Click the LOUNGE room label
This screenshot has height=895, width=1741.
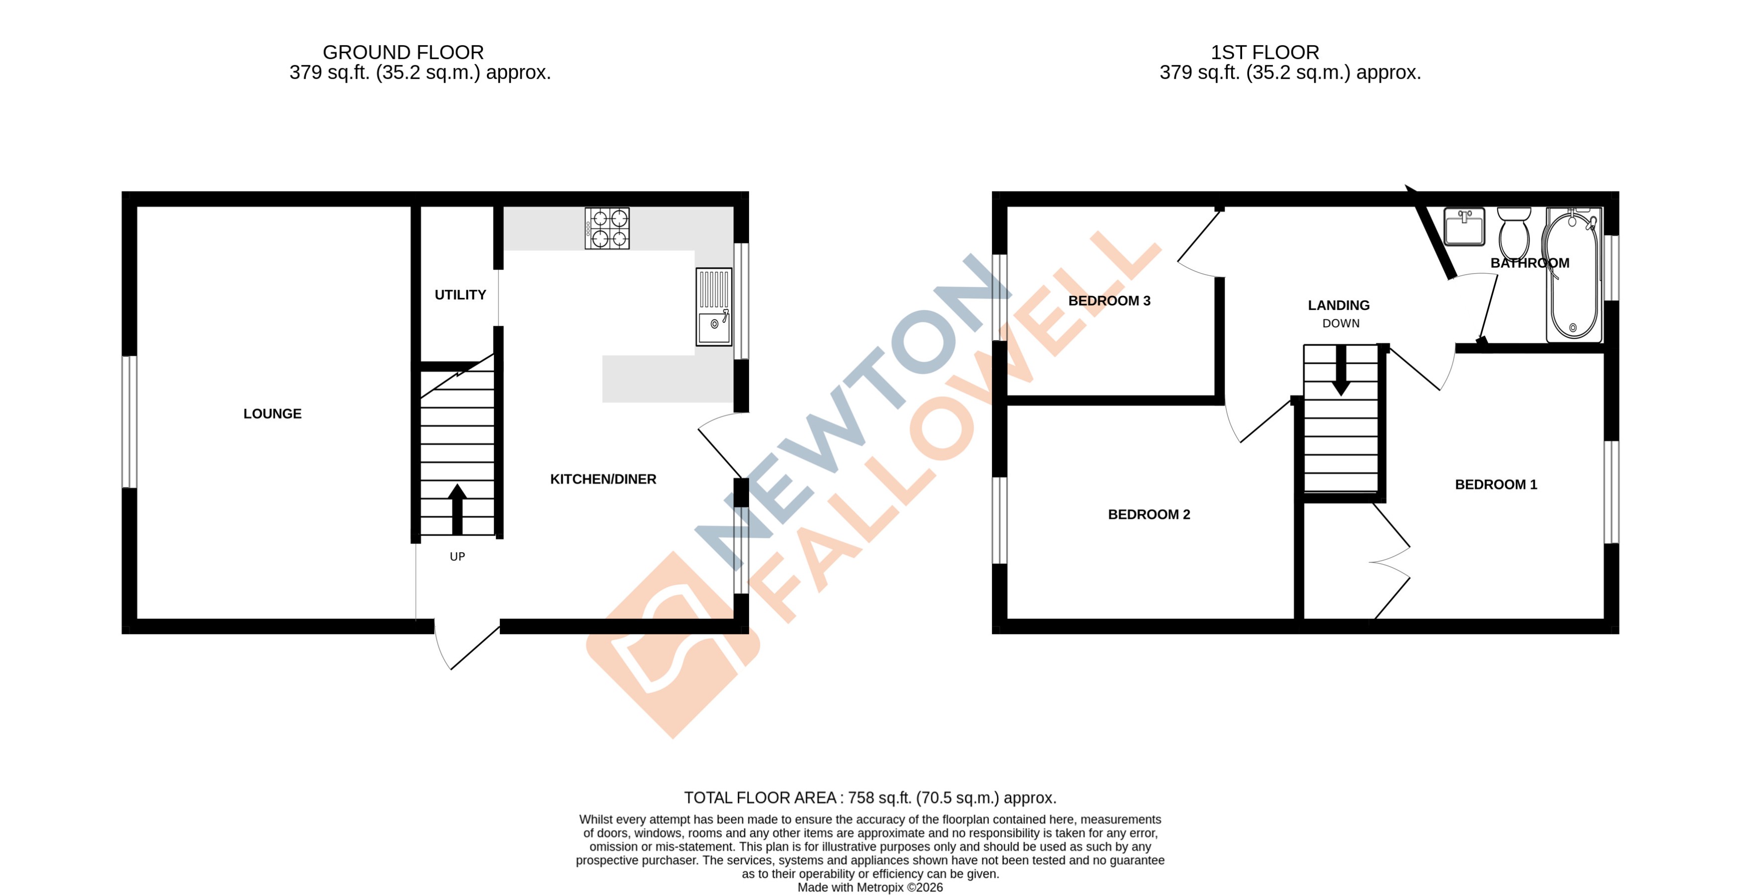tap(273, 414)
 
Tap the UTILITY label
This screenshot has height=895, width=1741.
tap(460, 295)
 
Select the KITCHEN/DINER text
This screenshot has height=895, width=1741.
tap(603, 479)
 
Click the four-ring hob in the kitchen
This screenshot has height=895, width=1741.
tap(607, 228)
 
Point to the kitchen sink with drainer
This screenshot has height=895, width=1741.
tap(714, 307)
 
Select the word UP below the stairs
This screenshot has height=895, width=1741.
tap(458, 556)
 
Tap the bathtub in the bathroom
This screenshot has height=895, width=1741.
tap(1573, 275)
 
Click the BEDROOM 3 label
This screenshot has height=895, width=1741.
tap(1109, 301)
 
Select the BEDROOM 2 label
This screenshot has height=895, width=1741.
tap(1149, 514)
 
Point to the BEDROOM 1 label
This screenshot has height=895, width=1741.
tap(1496, 485)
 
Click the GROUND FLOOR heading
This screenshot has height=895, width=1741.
tap(403, 52)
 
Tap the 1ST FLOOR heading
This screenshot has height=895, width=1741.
tap(1264, 52)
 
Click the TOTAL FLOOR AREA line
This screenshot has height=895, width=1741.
tap(870, 797)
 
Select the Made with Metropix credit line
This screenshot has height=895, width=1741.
tap(870, 888)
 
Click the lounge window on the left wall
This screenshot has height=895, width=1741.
tap(129, 422)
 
